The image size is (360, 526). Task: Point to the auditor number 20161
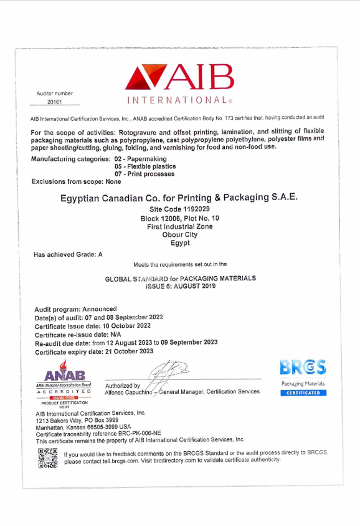click(55, 102)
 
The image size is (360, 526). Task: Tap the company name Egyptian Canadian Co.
click(179, 197)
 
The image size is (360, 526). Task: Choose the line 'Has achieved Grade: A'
click(68, 254)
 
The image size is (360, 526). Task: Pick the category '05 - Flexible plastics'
click(145, 166)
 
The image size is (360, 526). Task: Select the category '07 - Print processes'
click(144, 174)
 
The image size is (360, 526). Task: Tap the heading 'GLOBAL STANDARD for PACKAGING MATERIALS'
click(180, 278)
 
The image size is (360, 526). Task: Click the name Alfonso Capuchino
click(131, 392)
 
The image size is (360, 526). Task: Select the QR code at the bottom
click(47, 458)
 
